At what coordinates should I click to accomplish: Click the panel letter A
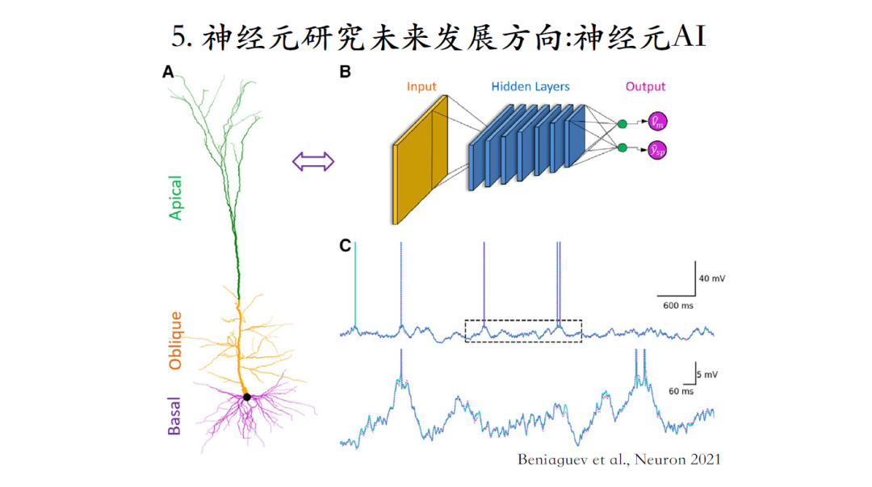[x=168, y=73]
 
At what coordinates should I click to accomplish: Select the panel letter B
[x=345, y=73]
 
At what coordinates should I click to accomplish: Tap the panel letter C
[x=345, y=244]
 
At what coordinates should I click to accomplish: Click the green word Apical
[x=175, y=198]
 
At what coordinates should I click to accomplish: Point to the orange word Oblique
[x=175, y=340]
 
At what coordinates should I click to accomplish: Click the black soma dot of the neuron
[x=247, y=397]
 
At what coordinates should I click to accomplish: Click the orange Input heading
[x=421, y=86]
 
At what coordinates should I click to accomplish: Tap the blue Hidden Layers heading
[x=530, y=86]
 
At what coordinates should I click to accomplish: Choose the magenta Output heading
[x=644, y=86]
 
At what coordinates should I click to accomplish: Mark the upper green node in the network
[x=623, y=123]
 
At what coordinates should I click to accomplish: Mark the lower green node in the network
[x=623, y=148]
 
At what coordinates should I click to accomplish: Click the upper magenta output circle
[x=658, y=122]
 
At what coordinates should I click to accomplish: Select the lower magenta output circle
[x=658, y=149]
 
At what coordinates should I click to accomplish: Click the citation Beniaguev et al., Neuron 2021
[x=618, y=460]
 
